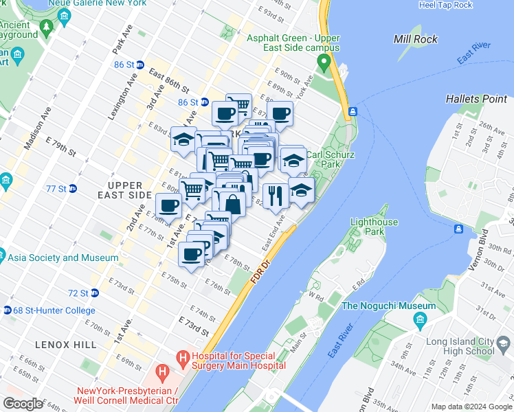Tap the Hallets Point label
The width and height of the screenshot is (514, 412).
[476, 99]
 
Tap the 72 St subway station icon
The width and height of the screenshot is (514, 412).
[95, 293]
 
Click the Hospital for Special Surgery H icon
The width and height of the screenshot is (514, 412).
[182, 356]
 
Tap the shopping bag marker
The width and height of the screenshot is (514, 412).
[232, 203]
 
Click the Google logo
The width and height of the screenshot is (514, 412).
[23, 404]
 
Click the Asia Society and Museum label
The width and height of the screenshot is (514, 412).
[62, 257]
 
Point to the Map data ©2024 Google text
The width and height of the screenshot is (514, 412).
[471, 407]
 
